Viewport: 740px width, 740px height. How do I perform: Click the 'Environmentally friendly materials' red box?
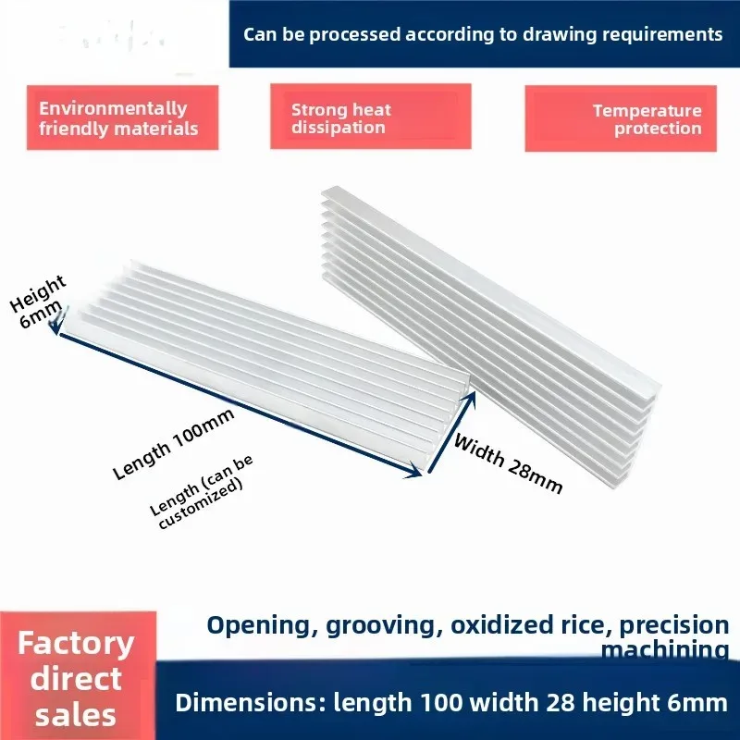click(122, 117)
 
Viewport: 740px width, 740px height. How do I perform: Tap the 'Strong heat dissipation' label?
click(340, 118)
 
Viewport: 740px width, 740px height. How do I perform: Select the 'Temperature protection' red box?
click(621, 118)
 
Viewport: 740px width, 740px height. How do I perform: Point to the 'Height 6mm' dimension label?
click(37, 302)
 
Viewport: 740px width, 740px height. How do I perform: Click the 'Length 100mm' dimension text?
click(174, 444)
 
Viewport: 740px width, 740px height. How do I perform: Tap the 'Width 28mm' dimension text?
click(508, 464)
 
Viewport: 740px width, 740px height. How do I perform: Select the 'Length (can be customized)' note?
click(202, 492)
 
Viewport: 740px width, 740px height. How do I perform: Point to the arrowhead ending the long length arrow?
click(414, 471)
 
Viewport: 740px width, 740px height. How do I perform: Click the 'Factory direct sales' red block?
click(78, 676)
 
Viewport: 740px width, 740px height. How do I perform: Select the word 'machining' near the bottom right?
click(665, 649)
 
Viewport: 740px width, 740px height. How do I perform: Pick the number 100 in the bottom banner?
click(441, 702)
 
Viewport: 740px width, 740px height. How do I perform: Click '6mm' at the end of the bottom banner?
click(697, 702)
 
